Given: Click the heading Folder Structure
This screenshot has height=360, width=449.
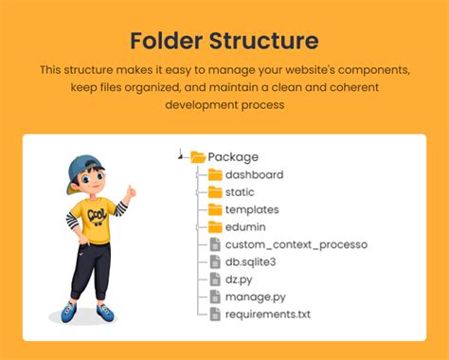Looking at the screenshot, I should click(224, 41).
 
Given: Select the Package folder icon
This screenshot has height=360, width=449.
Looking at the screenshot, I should click(198, 157).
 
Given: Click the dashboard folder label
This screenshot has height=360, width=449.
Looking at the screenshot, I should click(254, 174).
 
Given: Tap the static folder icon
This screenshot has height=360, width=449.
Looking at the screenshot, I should click(215, 192).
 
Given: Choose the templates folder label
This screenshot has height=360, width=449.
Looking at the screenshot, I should click(252, 209).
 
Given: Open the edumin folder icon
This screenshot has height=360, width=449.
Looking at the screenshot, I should click(215, 227).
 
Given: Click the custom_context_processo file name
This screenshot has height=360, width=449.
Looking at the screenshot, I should click(296, 244).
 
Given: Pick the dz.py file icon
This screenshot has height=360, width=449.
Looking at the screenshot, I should click(215, 279).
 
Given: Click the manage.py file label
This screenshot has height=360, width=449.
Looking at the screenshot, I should click(254, 297).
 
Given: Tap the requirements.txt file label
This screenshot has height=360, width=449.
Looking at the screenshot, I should click(267, 314).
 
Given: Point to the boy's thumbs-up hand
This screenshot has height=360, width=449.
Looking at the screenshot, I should click(130, 193).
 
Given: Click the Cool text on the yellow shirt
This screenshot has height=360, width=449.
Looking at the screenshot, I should click(98, 215).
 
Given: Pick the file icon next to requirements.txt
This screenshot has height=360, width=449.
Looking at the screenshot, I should click(215, 314).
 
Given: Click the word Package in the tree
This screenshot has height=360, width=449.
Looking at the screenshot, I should click(233, 157).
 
